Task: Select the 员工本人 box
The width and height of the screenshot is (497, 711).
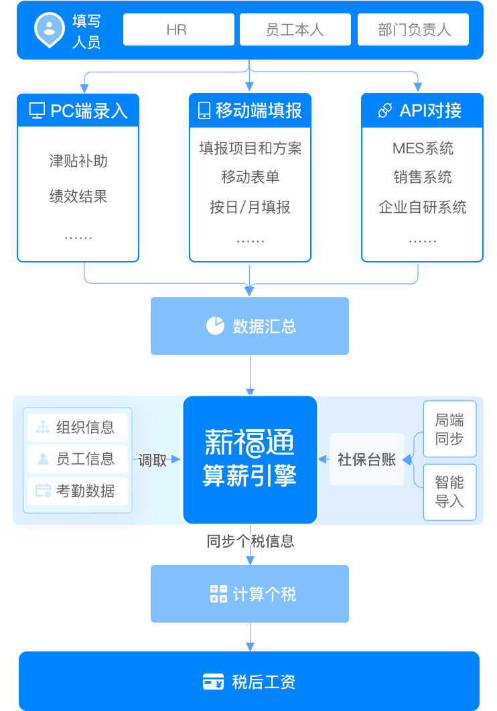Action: click(x=295, y=30)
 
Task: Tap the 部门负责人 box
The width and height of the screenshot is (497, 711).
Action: click(x=413, y=30)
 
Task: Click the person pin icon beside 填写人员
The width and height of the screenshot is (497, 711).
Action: click(x=50, y=29)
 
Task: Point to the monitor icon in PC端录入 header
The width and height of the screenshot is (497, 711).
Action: click(x=37, y=110)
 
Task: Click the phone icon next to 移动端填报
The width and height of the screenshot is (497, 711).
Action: click(x=204, y=110)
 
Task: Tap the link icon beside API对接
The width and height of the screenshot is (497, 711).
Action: click(x=384, y=110)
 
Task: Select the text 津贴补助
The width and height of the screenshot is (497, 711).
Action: click(x=78, y=161)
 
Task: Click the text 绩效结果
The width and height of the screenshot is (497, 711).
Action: click(x=78, y=197)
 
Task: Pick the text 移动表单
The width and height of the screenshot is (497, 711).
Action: click(x=251, y=177)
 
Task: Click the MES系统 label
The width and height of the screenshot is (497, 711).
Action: click(x=423, y=149)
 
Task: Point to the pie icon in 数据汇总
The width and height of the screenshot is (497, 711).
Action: click(x=215, y=326)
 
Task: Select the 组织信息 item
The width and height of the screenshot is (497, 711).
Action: click(x=78, y=427)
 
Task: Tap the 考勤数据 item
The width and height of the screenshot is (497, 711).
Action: click(x=78, y=491)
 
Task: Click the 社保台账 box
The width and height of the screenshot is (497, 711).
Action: click(x=366, y=459)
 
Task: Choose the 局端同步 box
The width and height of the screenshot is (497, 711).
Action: click(x=449, y=429)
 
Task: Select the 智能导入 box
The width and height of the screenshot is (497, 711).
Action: click(x=449, y=491)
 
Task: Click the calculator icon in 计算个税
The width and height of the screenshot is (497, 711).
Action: click(x=218, y=594)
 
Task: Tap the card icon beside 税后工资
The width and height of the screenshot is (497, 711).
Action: click(x=213, y=682)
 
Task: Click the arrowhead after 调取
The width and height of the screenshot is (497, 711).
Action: click(x=176, y=459)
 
